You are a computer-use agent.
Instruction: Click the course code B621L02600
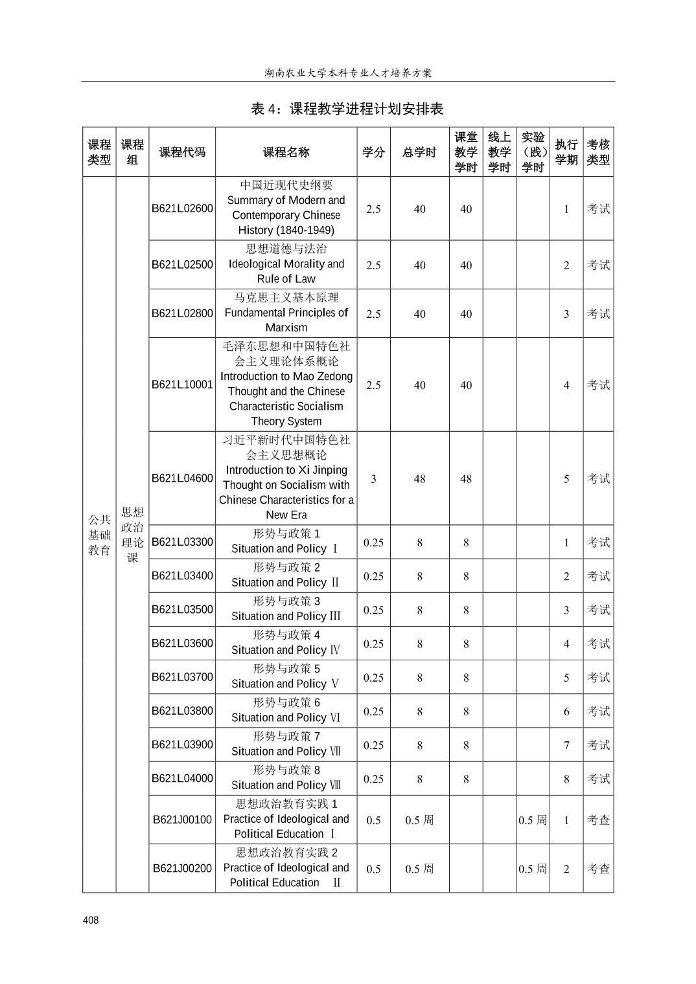click(182, 208)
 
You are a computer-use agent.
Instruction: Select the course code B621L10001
click(182, 385)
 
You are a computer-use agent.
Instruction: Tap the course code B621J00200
click(182, 868)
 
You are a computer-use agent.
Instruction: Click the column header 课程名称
click(286, 152)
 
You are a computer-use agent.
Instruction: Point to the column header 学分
click(373, 152)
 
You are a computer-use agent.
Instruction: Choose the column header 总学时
click(419, 152)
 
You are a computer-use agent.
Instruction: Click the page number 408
click(91, 920)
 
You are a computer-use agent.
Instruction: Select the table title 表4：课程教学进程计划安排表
click(347, 109)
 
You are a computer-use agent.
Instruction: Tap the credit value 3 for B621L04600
click(373, 478)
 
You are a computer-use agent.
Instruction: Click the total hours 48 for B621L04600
click(419, 478)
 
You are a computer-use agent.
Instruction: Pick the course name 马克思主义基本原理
click(286, 297)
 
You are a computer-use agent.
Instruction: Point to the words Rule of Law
click(286, 279)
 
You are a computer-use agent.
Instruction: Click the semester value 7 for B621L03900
click(566, 745)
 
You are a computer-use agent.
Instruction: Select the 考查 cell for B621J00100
click(598, 820)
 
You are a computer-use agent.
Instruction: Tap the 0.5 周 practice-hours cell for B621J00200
click(532, 869)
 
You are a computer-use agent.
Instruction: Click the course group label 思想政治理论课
click(132, 535)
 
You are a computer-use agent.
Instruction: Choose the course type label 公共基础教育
click(99, 535)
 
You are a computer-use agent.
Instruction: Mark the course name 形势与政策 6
click(286, 702)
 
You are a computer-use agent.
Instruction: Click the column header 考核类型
click(598, 152)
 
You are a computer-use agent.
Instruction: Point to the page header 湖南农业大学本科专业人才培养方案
click(348, 73)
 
